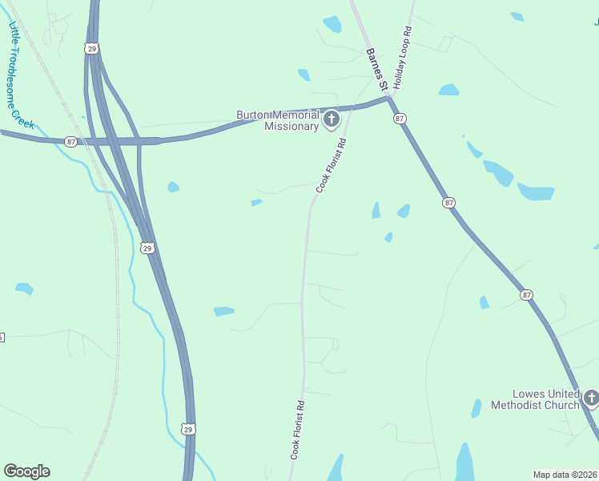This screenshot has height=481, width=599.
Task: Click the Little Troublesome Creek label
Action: tap(22, 76)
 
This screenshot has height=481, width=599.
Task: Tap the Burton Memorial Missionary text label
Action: tap(278, 120)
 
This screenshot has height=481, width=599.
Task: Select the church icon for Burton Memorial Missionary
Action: tap(332, 120)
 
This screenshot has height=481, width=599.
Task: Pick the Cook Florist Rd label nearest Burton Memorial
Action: tap(331, 166)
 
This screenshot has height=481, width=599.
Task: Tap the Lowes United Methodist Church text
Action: tap(546, 398)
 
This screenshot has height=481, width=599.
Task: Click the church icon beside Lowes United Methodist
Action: tap(591, 398)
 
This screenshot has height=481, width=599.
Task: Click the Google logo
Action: tap(26, 471)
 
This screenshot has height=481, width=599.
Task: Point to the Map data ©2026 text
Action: tap(565, 475)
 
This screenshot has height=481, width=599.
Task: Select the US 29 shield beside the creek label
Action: tap(93, 49)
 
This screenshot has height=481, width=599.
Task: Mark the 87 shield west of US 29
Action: tap(71, 142)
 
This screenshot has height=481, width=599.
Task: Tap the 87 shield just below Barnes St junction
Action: tap(400, 119)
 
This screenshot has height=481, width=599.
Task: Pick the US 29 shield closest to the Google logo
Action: tap(187, 430)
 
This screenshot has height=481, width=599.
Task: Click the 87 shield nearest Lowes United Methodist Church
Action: tap(526, 295)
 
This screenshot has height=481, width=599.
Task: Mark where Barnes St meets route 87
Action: tap(389, 99)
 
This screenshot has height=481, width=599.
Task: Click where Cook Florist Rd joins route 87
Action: tap(354, 107)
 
